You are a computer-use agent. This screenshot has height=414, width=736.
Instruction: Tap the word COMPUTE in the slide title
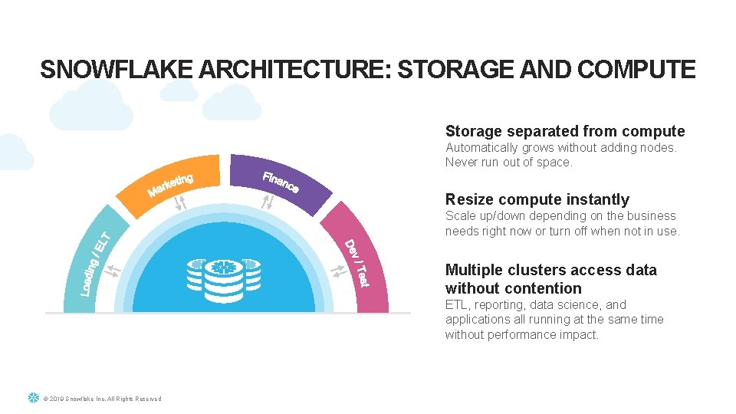[x=636, y=70]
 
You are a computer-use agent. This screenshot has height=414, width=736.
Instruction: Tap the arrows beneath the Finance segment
[x=267, y=202]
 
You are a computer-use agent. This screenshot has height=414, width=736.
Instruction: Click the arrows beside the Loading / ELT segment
[x=113, y=270]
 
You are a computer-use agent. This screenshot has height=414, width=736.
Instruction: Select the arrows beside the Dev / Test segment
[x=337, y=271]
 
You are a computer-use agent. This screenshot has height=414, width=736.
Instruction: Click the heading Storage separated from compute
[x=565, y=131]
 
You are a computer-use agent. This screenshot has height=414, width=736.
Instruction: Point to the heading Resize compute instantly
[x=537, y=199]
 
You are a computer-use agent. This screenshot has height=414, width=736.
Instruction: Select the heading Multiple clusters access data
[x=550, y=270]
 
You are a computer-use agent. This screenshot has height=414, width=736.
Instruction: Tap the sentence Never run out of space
[x=508, y=162]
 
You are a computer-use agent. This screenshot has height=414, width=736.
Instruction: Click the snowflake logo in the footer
[x=33, y=398]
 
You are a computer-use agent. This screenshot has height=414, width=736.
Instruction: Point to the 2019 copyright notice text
[x=103, y=399]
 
